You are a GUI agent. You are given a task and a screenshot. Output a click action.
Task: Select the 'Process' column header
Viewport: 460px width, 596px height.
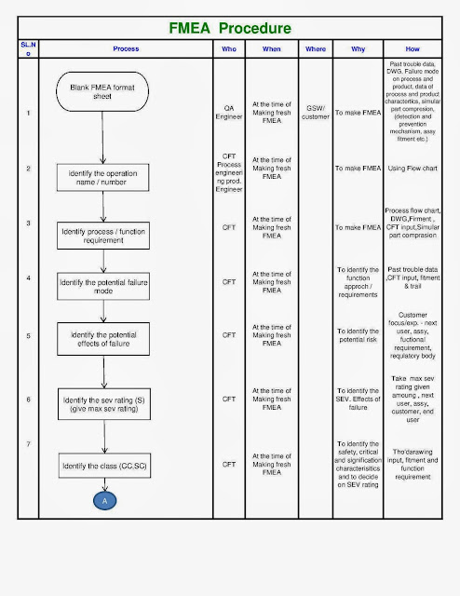pyautogui.click(x=126, y=47)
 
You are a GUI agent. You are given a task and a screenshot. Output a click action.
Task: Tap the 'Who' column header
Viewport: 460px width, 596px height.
pyautogui.click(x=229, y=47)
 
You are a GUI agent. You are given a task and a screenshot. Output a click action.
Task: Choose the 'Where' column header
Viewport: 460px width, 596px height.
pyautogui.click(x=316, y=47)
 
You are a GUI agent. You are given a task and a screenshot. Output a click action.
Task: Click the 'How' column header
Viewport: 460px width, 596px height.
pyautogui.click(x=412, y=47)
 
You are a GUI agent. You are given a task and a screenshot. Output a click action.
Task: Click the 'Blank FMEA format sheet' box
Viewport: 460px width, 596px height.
pyautogui.click(x=102, y=92)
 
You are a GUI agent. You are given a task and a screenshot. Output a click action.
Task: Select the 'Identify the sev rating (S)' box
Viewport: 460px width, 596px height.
pyautogui.click(x=104, y=403)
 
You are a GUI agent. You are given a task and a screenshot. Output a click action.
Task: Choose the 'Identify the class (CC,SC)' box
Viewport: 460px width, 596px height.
pyautogui.click(x=104, y=465)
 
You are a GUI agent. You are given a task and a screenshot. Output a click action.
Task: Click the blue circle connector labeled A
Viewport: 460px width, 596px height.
pyautogui.click(x=103, y=501)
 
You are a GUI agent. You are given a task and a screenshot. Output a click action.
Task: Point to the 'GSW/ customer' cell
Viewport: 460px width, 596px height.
pyautogui.click(x=316, y=114)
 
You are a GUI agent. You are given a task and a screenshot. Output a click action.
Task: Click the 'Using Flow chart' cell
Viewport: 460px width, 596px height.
pyautogui.click(x=412, y=169)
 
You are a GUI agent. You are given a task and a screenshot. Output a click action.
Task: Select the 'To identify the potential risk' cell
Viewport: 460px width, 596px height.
pyautogui.click(x=359, y=335)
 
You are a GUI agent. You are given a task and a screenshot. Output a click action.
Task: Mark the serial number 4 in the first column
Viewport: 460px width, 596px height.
pyautogui.click(x=29, y=278)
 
